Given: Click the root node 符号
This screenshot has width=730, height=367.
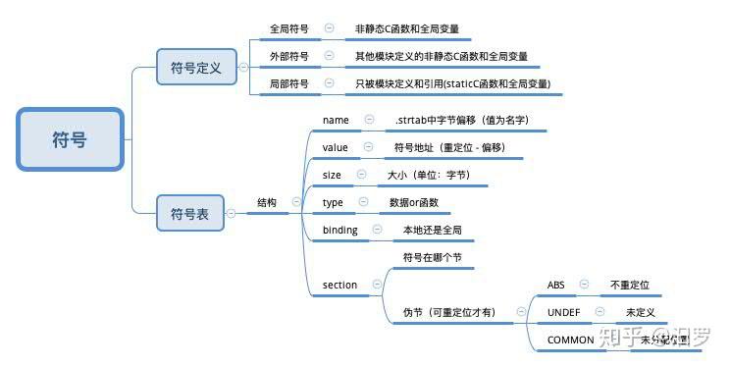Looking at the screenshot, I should (70, 140).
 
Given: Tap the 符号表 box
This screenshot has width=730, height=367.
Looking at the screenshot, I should (190, 213).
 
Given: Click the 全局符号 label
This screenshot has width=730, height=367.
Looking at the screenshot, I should (288, 29).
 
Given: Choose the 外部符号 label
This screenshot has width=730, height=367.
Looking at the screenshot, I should (288, 57).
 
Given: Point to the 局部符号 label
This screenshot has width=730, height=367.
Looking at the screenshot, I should (288, 84).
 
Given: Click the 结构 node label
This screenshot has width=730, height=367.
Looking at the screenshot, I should (267, 202).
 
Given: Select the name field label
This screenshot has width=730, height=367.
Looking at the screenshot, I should (336, 120).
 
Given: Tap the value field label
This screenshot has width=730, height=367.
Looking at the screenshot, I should (336, 147).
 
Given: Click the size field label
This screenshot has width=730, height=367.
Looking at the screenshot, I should (332, 175).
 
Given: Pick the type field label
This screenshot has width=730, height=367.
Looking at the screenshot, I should (333, 202).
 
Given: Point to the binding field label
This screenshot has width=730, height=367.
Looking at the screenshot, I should (339, 230).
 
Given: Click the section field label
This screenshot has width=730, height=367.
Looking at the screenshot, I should (339, 285).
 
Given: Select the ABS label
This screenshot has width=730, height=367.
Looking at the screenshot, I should (555, 285).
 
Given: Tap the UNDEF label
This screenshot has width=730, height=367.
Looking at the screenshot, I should (562, 312).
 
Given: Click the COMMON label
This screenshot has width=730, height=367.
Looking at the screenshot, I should (570, 340).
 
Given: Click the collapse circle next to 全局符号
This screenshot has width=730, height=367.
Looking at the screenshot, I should (329, 29).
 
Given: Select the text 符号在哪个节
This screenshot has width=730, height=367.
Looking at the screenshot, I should (432, 257).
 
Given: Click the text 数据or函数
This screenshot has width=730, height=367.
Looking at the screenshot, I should (413, 202).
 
